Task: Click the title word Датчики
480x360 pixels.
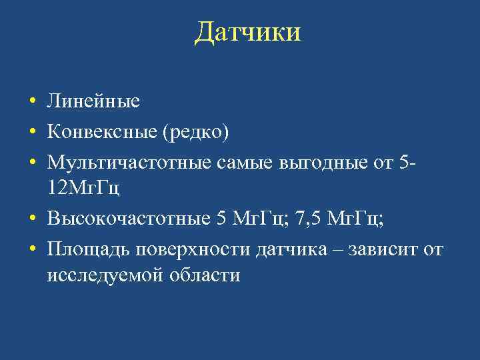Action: (248, 33)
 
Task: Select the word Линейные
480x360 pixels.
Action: (93, 102)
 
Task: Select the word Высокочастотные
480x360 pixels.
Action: (129, 218)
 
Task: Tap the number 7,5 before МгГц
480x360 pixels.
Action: (306, 218)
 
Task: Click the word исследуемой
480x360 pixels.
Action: (101, 275)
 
